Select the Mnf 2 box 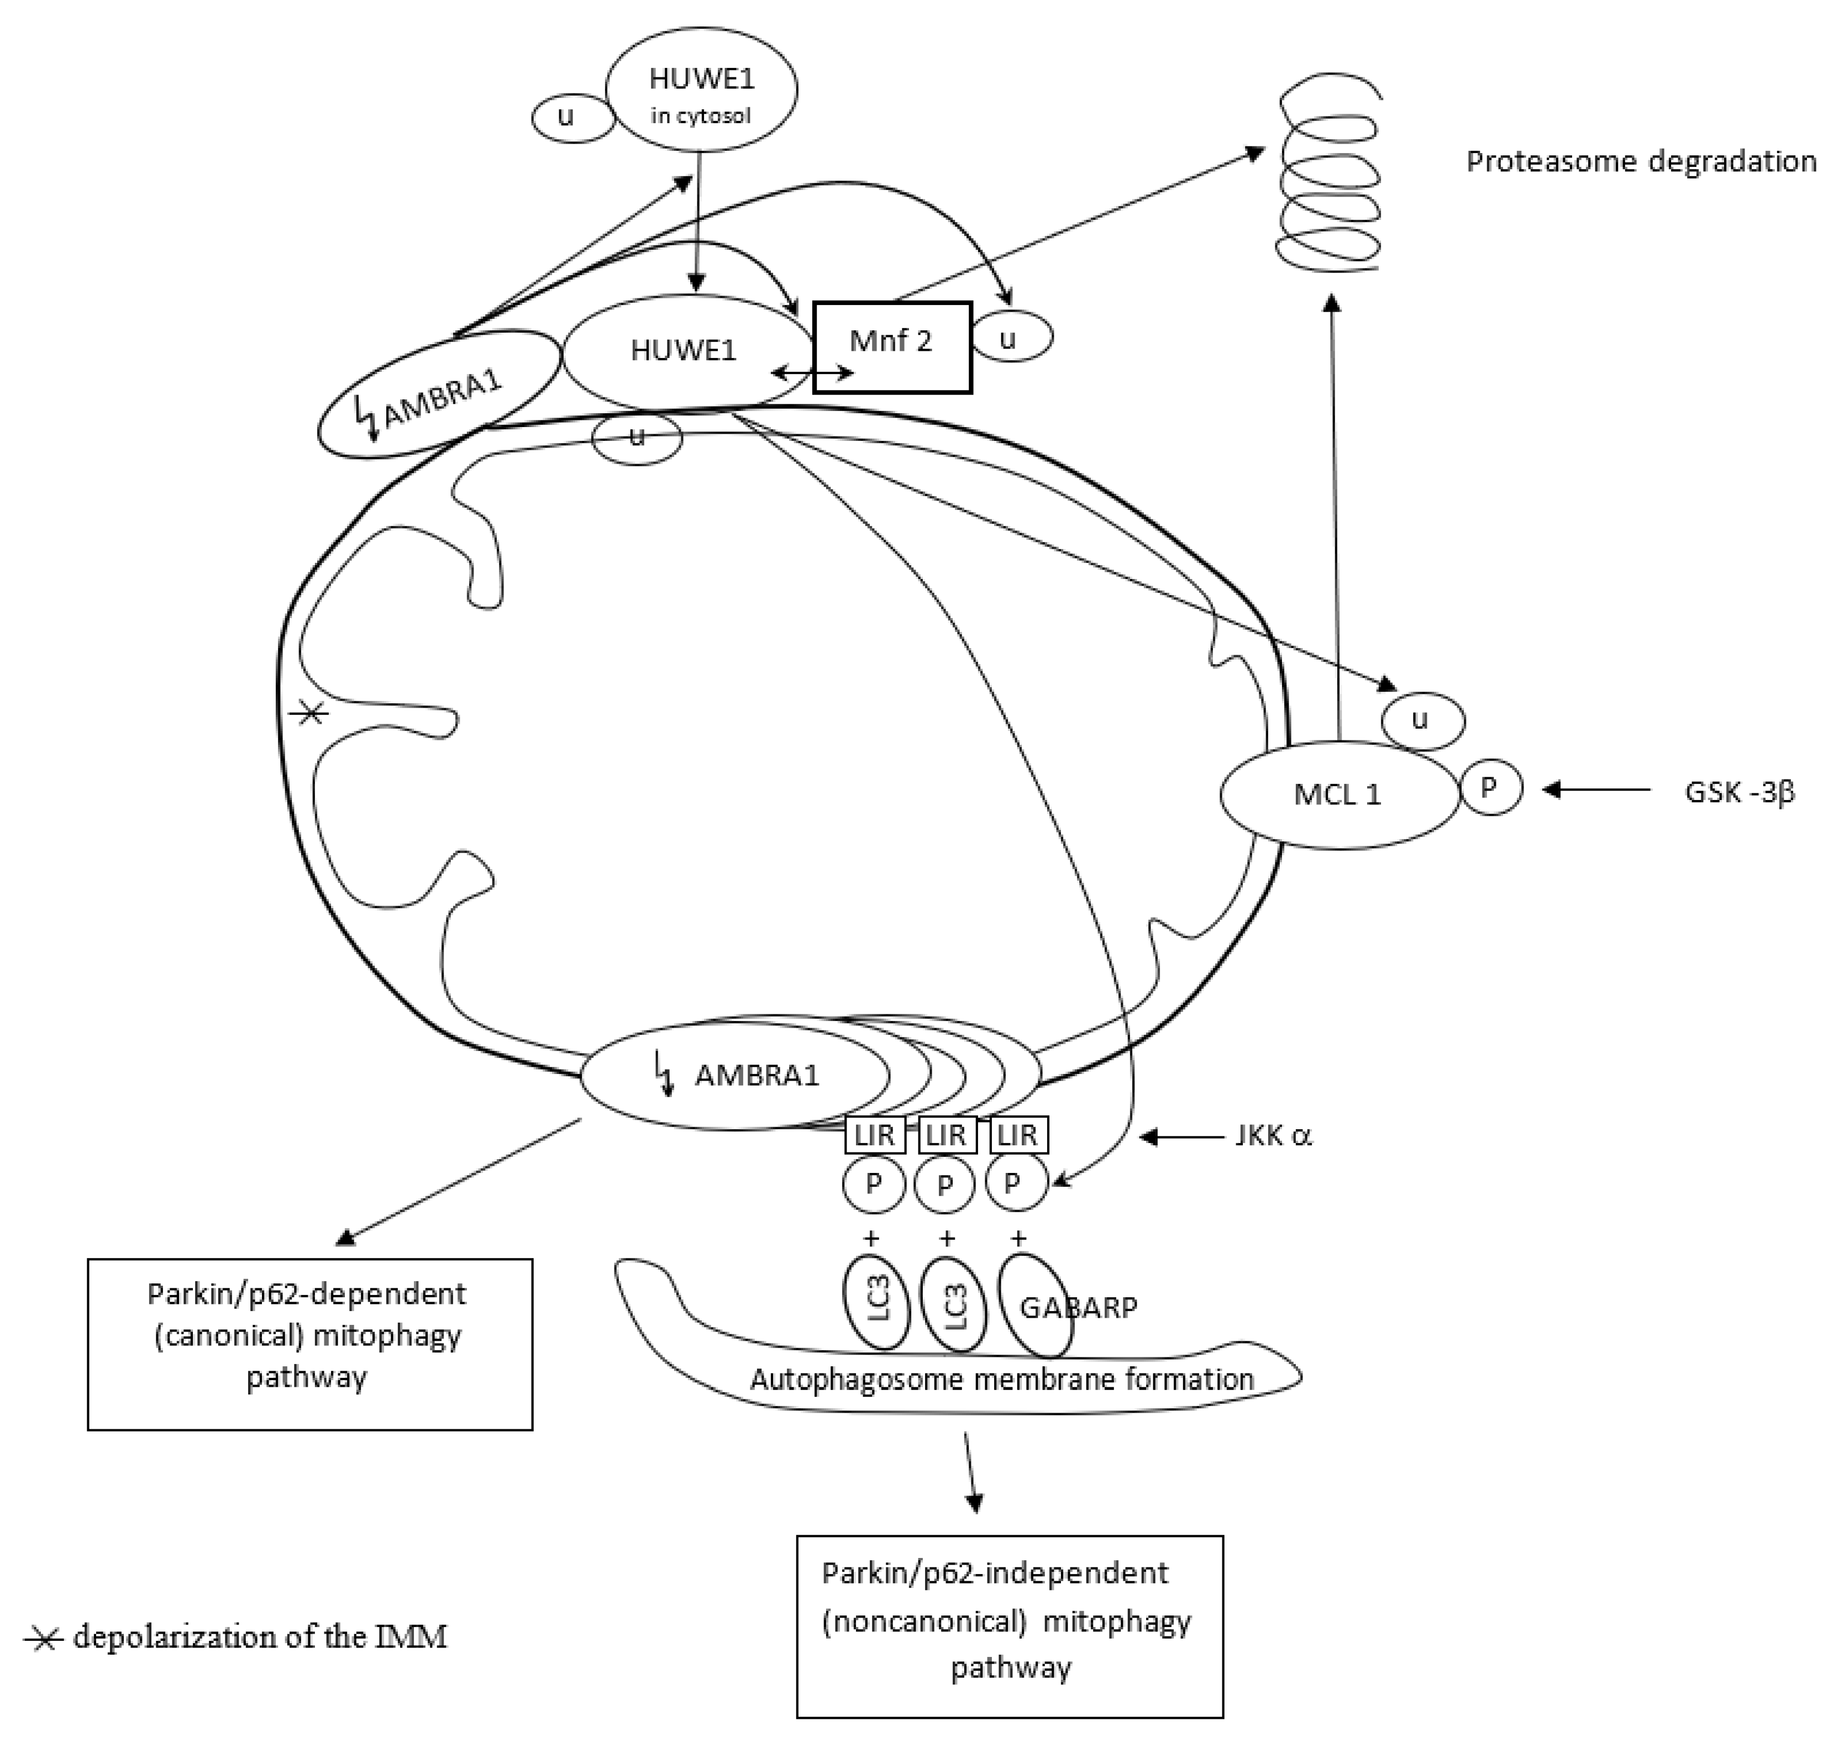891,347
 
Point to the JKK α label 1273,1136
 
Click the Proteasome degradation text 1640,161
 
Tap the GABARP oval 1037,1306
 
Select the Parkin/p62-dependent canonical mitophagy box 310,1343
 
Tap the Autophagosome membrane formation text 1002,1379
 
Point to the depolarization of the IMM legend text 260,1638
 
